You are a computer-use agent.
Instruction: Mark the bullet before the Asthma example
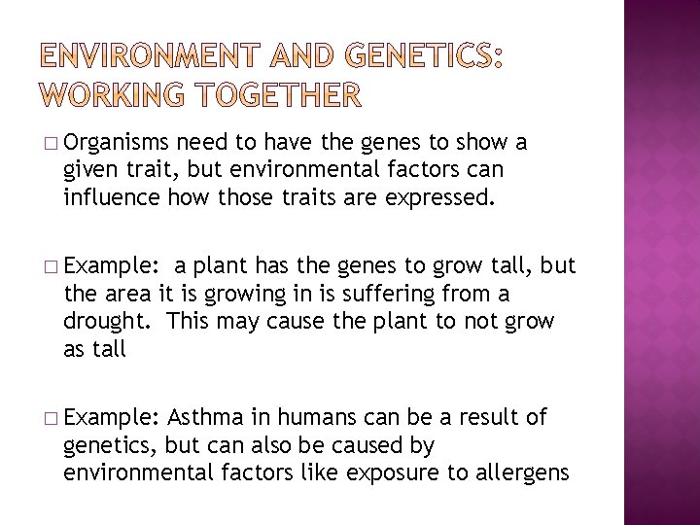pos(52,419)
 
